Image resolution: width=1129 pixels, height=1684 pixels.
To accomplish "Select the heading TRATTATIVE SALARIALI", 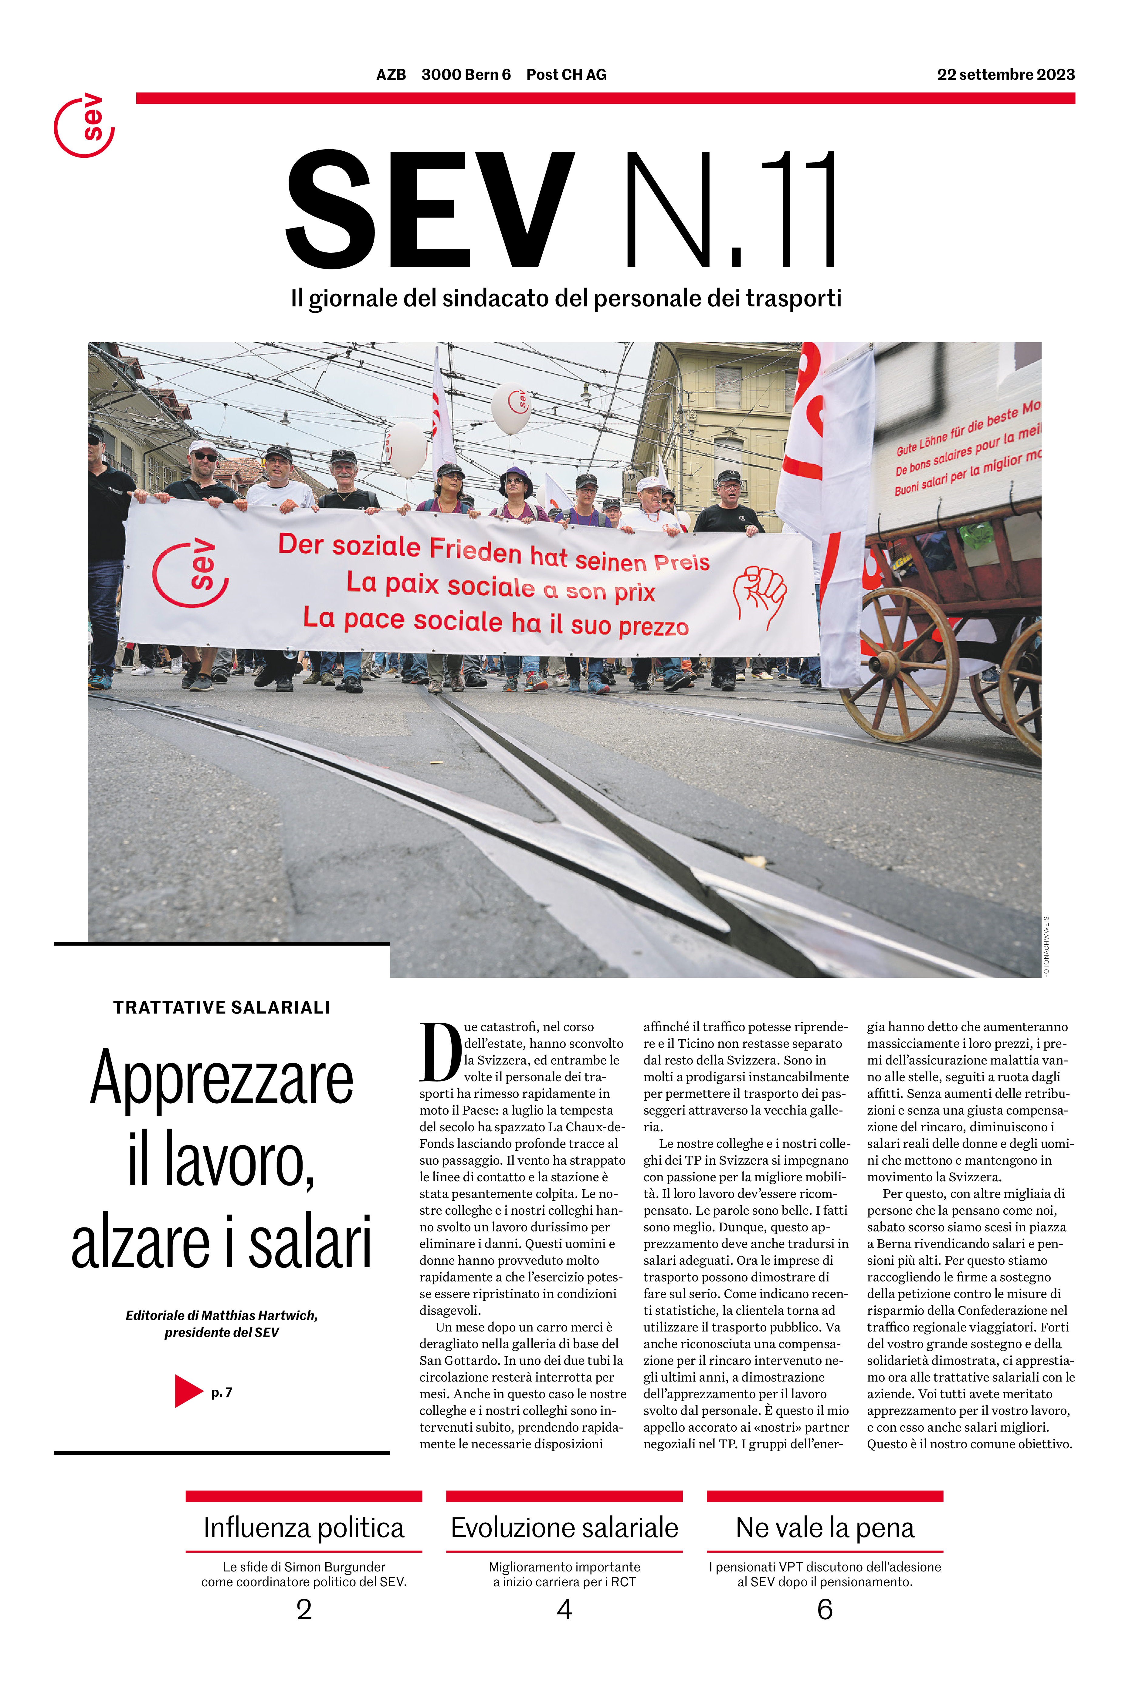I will pyautogui.click(x=222, y=1007).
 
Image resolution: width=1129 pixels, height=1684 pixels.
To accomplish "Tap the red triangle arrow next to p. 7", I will pyautogui.click(x=188, y=1391).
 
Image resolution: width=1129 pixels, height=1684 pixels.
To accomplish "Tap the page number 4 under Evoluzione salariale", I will pyautogui.click(x=564, y=1609).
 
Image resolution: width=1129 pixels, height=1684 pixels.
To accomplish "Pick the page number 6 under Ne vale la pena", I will pyautogui.click(x=825, y=1609).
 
